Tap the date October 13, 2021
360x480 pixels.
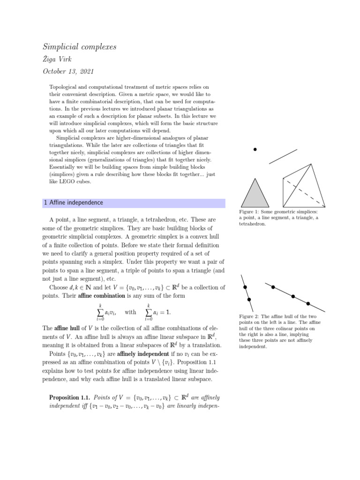click(68, 72)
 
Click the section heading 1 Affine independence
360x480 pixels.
click(73, 203)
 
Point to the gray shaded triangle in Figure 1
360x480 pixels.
click(255, 194)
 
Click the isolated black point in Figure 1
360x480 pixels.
click(255, 150)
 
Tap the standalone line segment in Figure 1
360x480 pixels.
click(283, 156)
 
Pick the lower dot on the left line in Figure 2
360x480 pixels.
click(249, 299)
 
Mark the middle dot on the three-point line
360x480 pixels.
click(293, 296)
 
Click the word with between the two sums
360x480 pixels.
click(131, 312)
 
